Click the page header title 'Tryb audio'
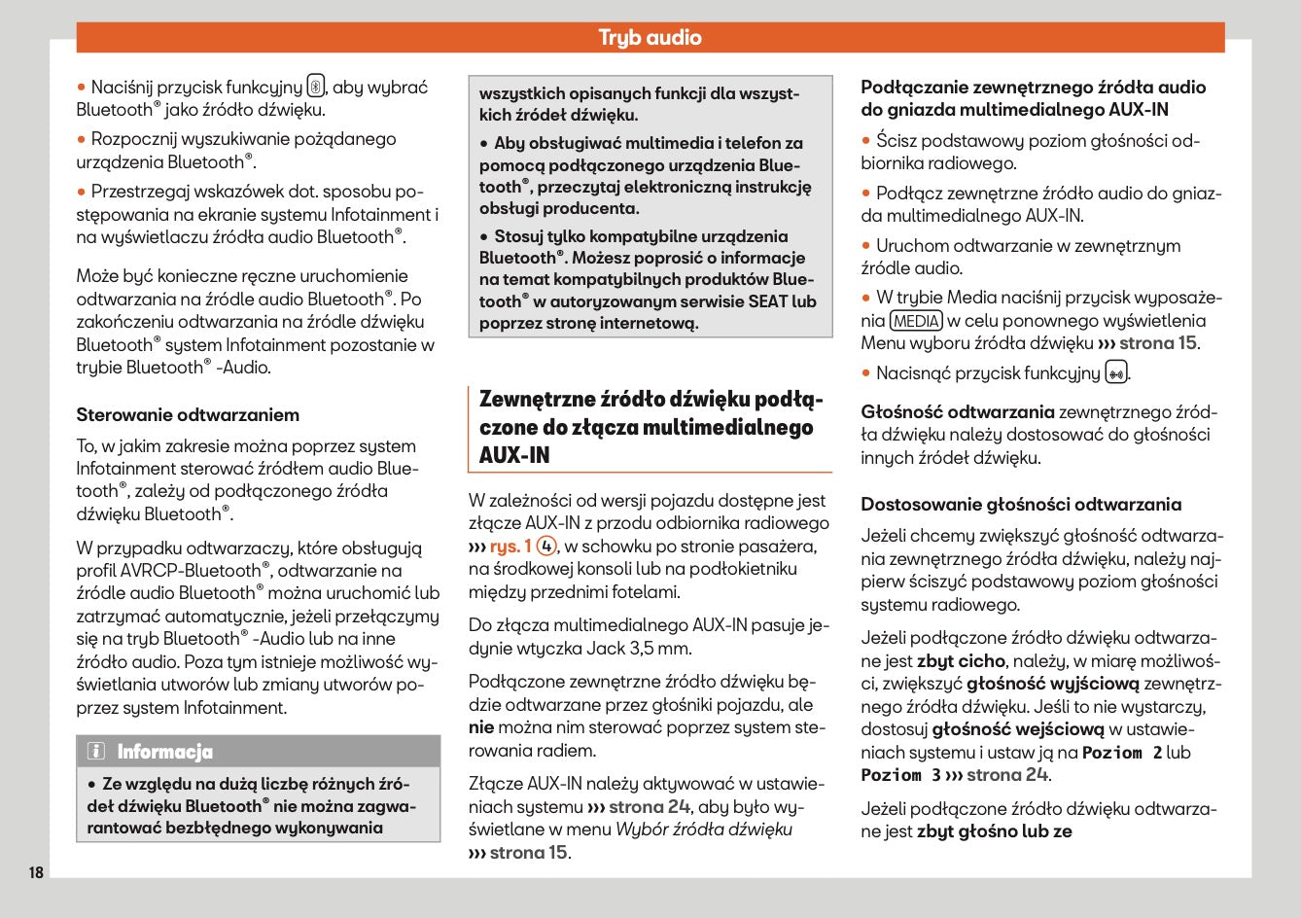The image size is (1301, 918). pyautogui.click(x=650, y=38)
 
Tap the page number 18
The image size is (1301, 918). pyautogui.click(x=36, y=872)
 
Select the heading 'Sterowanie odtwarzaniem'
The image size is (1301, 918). pyautogui.click(x=188, y=415)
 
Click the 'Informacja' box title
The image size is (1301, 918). pyautogui.click(x=164, y=752)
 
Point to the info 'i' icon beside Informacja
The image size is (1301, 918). pyautogui.click(x=95, y=752)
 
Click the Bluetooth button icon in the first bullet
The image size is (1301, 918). pyautogui.click(x=316, y=87)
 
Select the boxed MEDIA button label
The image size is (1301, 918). pyautogui.click(x=915, y=321)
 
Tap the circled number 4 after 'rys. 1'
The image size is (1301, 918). pyautogui.click(x=547, y=547)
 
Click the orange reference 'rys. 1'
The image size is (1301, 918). pyautogui.click(x=510, y=547)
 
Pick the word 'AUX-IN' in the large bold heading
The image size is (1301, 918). pyautogui.click(x=514, y=455)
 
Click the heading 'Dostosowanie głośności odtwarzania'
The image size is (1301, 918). pyautogui.click(x=1021, y=505)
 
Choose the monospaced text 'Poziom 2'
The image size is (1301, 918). pyautogui.click(x=1122, y=753)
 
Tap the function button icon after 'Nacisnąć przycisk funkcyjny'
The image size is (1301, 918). pyautogui.click(x=1116, y=373)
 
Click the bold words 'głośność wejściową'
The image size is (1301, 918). pyautogui.click(x=1018, y=729)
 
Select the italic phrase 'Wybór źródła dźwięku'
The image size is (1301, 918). pyautogui.click(x=704, y=830)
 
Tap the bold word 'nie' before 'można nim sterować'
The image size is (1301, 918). pyautogui.click(x=481, y=727)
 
